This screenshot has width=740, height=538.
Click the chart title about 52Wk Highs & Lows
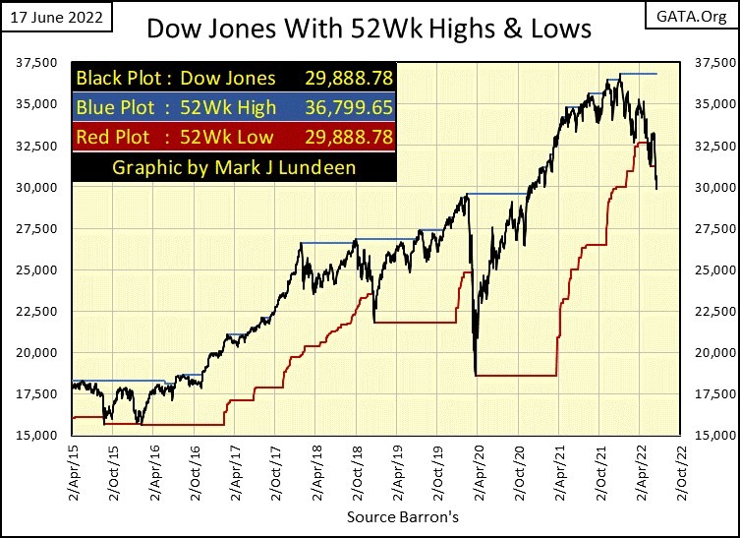[x=369, y=28]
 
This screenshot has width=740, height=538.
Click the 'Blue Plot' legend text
[x=112, y=108]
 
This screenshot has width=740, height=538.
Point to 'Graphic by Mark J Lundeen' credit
[x=233, y=167]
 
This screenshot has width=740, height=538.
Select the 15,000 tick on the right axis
[x=704, y=435]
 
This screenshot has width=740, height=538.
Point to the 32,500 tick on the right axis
[x=704, y=146]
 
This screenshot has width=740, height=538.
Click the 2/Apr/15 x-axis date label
[x=73, y=474]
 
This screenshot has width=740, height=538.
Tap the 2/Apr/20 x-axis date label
[x=477, y=474]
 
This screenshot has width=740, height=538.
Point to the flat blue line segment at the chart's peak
[x=639, y=74]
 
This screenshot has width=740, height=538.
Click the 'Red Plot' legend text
[x=111, y=138]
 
